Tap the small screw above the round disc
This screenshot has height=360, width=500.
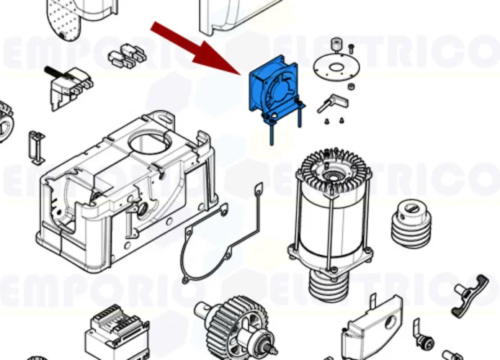click(350, 48)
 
